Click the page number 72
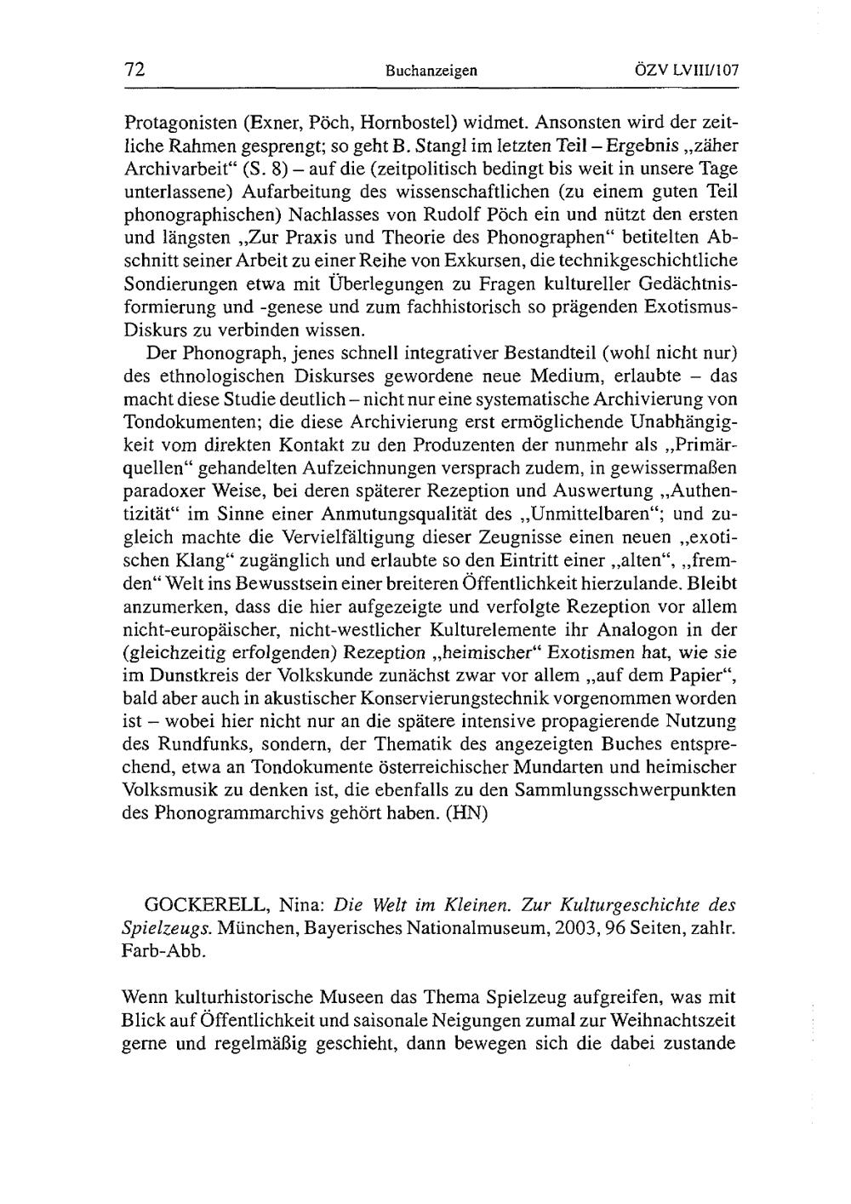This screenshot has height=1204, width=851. pyautogui.click(x=134, y=71)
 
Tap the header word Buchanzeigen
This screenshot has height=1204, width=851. pyautogui.click(x=431, y=72)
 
